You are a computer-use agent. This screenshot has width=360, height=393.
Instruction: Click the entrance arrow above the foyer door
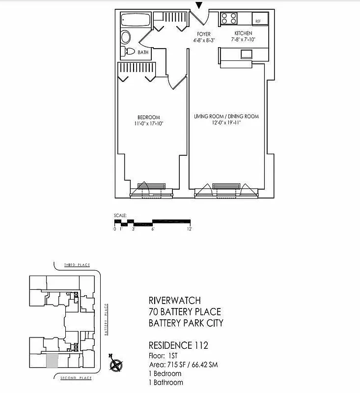199,5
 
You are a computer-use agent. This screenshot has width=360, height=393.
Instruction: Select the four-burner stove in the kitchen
228,19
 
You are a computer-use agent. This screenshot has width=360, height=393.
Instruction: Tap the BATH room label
143,52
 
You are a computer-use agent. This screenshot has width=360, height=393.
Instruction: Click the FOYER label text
203,34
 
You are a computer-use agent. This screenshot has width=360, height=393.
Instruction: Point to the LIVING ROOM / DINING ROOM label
226,116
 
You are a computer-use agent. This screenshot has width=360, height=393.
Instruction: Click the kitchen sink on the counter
246,54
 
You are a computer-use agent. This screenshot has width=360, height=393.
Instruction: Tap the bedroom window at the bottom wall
151,191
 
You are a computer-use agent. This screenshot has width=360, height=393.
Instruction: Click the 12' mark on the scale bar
189,229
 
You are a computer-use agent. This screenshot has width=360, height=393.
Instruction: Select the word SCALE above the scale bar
120,215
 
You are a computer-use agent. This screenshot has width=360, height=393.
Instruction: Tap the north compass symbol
116,365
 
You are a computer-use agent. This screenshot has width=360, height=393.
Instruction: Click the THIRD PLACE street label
77,265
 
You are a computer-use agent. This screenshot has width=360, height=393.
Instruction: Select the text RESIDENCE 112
178,346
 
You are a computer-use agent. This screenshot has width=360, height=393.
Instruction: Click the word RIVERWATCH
174,300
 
